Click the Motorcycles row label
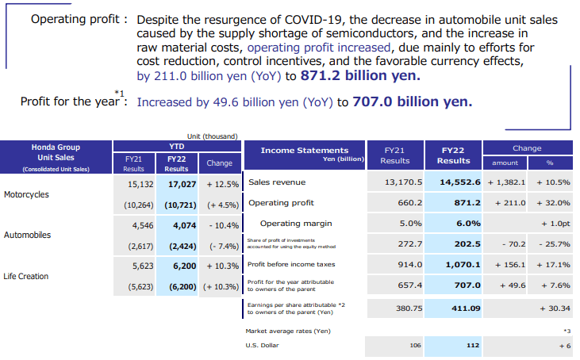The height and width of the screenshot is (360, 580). tap(27, 194)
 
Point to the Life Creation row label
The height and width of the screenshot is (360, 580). tap(26, 277)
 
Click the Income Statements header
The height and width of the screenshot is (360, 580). tap(305, 150)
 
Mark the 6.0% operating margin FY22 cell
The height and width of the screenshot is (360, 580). tap(458, 224)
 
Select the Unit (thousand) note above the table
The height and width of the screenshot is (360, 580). tap(212, 136)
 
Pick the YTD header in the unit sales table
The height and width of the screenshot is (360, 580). tap(177, 146)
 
